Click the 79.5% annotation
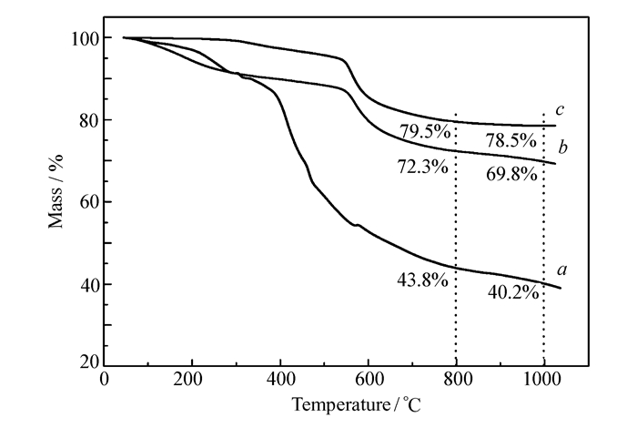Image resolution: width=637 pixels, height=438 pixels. click(424, 131)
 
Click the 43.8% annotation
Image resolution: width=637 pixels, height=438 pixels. click(424, 280)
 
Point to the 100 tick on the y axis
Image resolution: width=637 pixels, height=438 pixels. click(86, 38)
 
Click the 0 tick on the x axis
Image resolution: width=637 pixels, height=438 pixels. click(104, 380)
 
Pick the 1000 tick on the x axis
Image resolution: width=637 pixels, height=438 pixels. click(544, 380)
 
